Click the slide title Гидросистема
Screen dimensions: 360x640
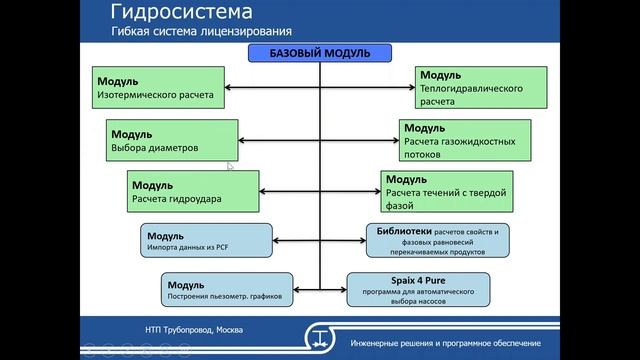(x=181, y=14)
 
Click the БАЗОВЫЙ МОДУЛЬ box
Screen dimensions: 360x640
(x=320, y=53)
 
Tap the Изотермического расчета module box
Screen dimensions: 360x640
(x=157, y=88)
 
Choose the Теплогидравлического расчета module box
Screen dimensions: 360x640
(x=482, y=88)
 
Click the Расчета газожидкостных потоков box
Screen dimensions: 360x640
(x=471, y=140)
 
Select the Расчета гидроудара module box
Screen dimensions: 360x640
(x=193, y=190)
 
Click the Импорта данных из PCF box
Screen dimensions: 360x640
(x=207, y=239)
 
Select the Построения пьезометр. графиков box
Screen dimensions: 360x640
(x=218, y=288)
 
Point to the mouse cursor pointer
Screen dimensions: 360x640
(x=230, y=167)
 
